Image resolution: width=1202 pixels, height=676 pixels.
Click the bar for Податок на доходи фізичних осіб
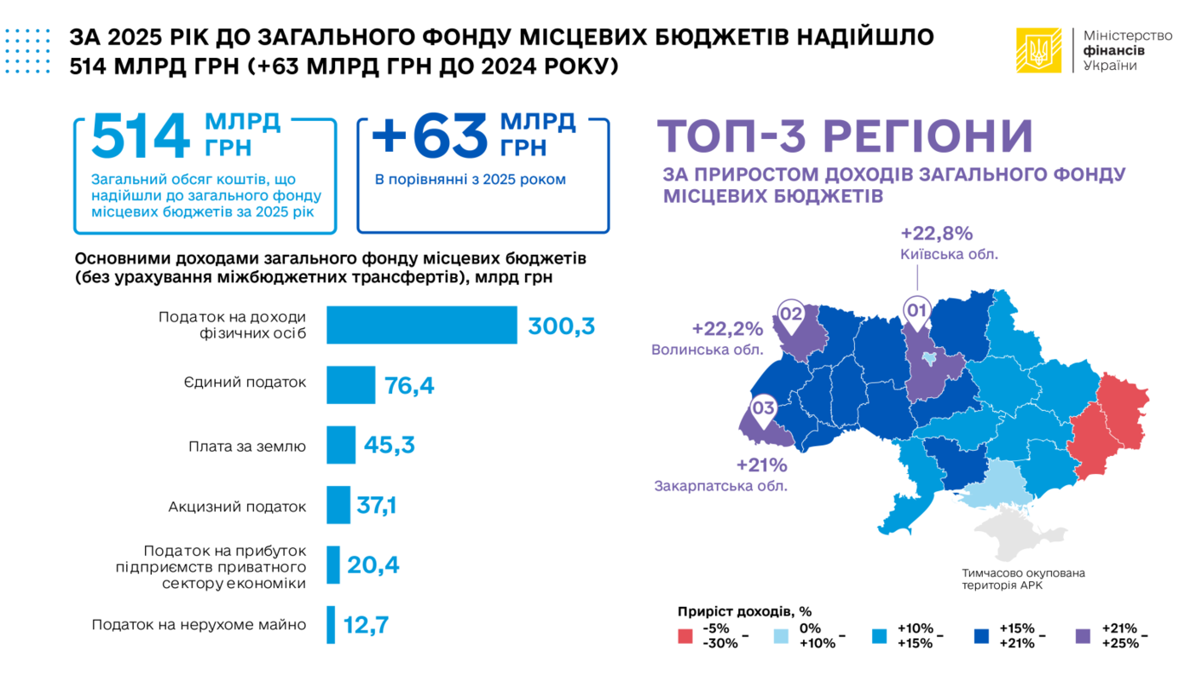[421, 324]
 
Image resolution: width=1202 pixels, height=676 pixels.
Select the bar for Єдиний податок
[350, 384]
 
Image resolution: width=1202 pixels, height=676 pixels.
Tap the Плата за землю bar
[341, 445]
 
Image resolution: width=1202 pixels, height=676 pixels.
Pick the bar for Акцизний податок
[338, 505]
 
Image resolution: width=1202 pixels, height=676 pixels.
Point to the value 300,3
[561, 326]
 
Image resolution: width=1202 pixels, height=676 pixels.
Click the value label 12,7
[366, 625]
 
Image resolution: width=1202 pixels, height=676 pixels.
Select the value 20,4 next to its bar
[373, 565]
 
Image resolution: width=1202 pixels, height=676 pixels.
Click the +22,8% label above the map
[936, 234]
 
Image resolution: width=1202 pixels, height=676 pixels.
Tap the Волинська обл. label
[707, 350]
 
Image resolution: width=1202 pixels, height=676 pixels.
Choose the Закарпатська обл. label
[720, 486]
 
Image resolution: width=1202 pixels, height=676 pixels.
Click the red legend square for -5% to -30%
[685, 636]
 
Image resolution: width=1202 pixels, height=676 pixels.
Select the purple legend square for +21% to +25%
[1083, 636]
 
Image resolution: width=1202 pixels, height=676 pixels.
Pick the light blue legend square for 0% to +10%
[782, 636]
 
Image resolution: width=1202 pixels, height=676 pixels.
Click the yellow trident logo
[1038, 50]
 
